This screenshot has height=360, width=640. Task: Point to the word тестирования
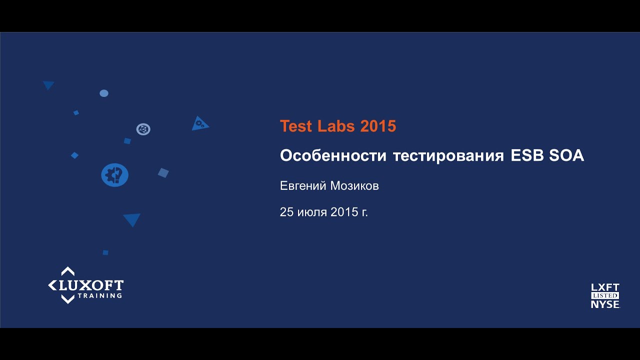[x=448, y=156]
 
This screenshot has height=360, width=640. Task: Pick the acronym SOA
[x=566, y=156]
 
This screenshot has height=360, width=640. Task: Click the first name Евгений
[x=303, y=186]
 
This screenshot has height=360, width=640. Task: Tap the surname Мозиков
[x=354, y=186]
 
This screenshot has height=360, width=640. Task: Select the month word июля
[x=312, y=212]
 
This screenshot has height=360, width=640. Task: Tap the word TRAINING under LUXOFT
[x=99, y=295]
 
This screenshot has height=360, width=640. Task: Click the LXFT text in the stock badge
[x=605, y=287]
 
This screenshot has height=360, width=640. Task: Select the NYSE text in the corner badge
[x=605, y=304]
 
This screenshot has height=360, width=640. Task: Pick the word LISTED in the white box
[x=605, y=295]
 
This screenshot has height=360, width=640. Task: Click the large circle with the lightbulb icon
[x=115, y=175]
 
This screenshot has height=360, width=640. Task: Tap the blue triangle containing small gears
[x=199, y=123]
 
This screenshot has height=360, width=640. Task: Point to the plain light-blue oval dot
[x=104, y=93]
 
